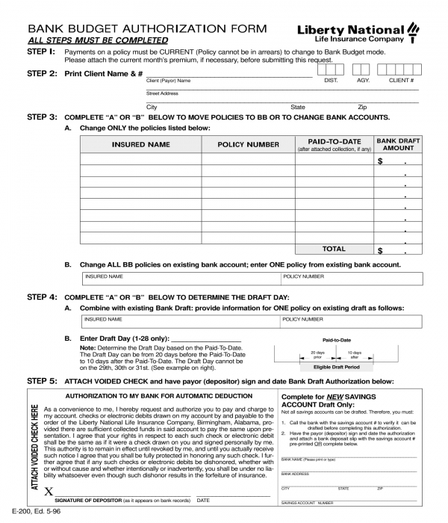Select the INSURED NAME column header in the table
(140, 144)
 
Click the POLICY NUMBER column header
(248, 144)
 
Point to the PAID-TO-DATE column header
(334, 141)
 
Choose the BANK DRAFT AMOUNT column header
(398, 144)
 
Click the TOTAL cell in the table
(334, 249)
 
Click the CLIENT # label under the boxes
(401, 80)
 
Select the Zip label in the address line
(362, 107)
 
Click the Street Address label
(162, 93)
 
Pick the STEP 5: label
(41, 380)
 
